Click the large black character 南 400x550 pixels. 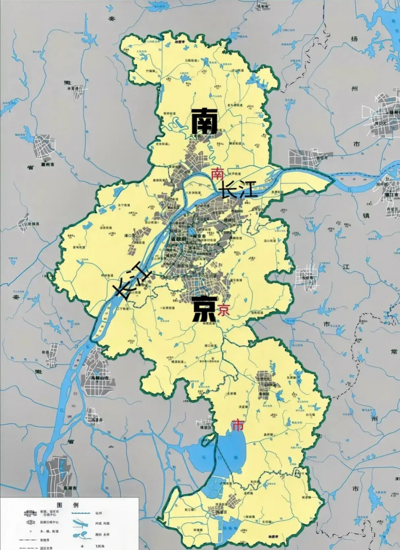(204, 121)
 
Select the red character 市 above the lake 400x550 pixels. (237, 425)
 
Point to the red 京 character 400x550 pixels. (223, 309)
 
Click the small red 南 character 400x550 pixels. (218, 174)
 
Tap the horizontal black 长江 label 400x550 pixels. (238, 189)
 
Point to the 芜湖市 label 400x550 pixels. (70, 489)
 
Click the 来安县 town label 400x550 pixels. (76, 88)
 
